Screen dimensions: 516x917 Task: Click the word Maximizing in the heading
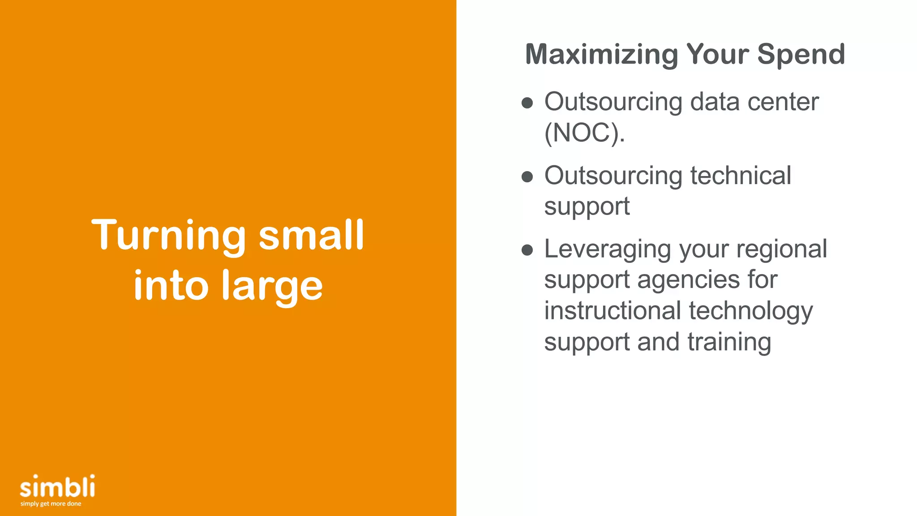[x=601, y=55]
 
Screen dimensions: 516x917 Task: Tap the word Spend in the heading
[x=801, y=55]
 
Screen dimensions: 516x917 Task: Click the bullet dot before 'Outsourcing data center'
[x=527, y=103]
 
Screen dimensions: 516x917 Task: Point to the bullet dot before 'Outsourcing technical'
[x=527, y=176]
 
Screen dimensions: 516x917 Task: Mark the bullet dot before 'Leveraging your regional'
[x=527, y=250]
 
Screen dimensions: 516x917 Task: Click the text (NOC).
[x=584, y=133]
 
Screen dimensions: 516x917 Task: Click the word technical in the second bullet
[x=741, y=176]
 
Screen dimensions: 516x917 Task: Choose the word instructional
[x=612, y=311]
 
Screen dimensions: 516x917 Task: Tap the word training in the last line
[x=729, y=343]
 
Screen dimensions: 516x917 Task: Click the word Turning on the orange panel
[x=169, y=235]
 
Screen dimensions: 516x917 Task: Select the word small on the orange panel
[x=312, y=235]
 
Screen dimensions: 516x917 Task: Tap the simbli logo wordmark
[x=57, y=487]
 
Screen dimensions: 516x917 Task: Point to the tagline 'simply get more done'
[x=51, y=504]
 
